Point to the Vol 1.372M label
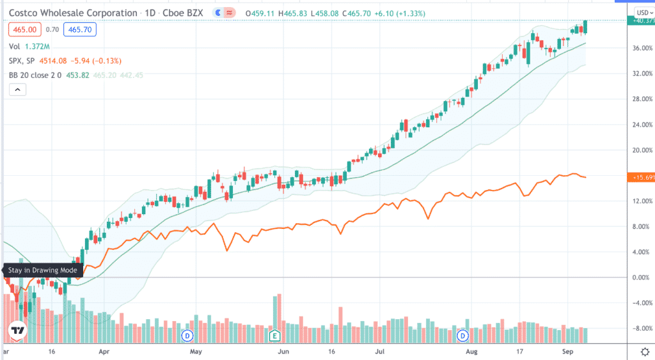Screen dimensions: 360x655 [31, 47]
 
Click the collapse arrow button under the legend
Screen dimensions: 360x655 [17, 90]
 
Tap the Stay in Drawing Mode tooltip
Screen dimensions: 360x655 [43, 270]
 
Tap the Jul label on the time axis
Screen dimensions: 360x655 [380, 352]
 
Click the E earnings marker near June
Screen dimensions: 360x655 [275, 335]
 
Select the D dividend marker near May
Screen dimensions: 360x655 [187, 335]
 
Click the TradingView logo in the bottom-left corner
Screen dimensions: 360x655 [17, 331]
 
